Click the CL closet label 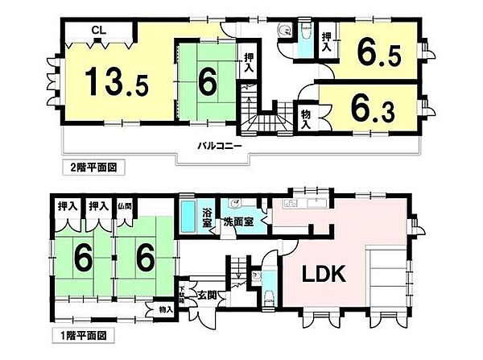97,30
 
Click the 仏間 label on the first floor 125,206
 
